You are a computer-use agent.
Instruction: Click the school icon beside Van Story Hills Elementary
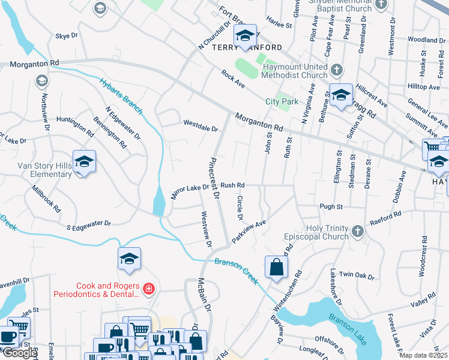(85, 162)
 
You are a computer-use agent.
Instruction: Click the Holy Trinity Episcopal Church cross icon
(358, 231)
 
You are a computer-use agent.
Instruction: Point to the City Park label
(282, 101)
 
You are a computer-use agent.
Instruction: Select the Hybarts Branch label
(121, 95)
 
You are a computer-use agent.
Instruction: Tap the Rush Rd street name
(233, 185)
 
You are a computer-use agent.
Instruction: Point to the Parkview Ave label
(249, 231)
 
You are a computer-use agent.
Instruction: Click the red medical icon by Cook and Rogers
(149, 290)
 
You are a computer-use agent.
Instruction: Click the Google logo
(19, 353)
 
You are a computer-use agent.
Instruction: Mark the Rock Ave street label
(233, 80)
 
